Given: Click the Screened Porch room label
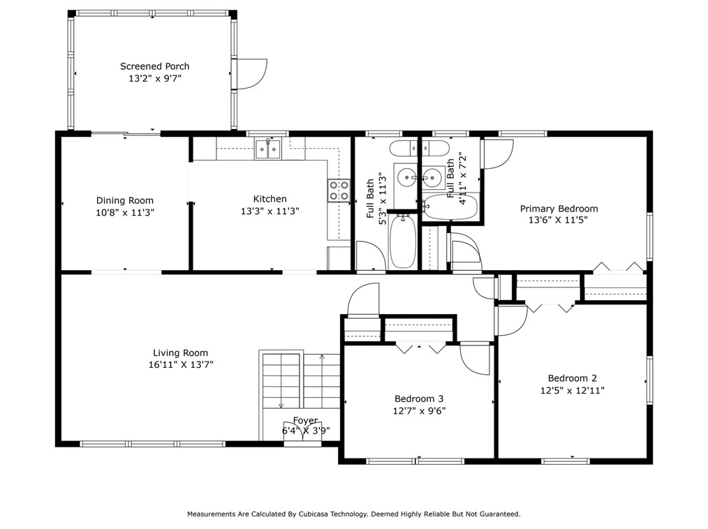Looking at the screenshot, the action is coord(154,66).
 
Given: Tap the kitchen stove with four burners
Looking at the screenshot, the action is coord(339,190).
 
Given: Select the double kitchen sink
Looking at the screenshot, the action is coord(267,149).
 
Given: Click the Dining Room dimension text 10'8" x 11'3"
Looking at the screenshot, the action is coord(125,213).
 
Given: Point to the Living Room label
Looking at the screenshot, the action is coord(180,353).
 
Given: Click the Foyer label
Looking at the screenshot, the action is coord(305,421).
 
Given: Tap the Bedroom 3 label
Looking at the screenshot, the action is coord(419,398).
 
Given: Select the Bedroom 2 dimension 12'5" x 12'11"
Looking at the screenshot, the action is coord(573,390).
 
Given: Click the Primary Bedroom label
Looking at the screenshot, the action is coord(559,209).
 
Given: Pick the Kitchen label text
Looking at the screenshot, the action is coord(270,199).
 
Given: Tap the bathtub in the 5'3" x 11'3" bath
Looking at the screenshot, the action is coord(403,241).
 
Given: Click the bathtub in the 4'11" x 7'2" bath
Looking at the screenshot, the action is coord(450,207).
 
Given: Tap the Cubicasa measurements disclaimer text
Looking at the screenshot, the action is coord(354,514).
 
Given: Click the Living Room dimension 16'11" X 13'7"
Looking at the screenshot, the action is coord(181,365).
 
